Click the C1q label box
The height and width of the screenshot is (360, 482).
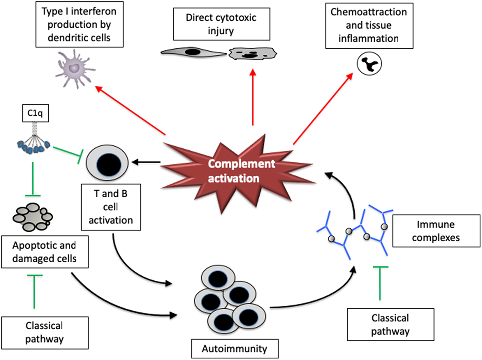point(35,113)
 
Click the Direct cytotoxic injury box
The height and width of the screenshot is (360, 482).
point(221,24)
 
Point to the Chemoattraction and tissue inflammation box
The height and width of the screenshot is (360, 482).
point(369,26)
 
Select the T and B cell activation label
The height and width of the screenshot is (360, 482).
point(111,207)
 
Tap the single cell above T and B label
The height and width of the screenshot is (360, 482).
point(108,163)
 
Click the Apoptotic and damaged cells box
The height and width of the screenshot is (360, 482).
point(45,252)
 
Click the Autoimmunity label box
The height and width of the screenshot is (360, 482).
point(235,348)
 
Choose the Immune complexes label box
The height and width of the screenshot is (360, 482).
point(436,231)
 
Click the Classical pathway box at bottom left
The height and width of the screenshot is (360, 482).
point(45,332)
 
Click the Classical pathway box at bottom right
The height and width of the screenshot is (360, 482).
point(390,324)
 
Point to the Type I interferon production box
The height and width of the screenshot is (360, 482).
point(79,24)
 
